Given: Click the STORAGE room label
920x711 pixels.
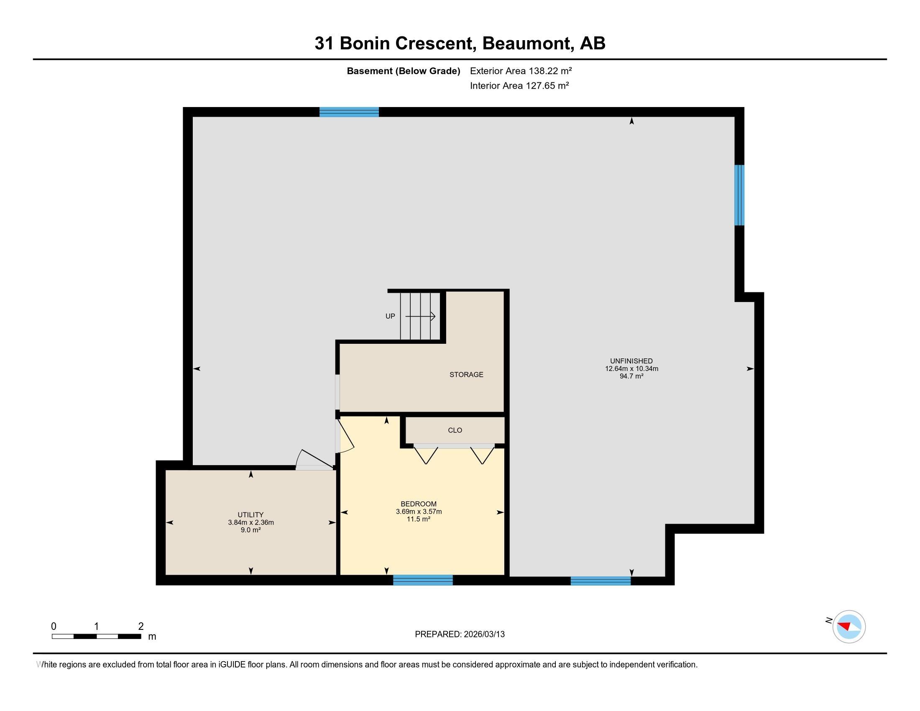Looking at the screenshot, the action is click(466, 374).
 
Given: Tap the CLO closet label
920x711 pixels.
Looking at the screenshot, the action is click(455, 430).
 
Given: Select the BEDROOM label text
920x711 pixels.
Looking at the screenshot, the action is click(418, 504).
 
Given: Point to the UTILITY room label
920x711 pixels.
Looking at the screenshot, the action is click(250, 515).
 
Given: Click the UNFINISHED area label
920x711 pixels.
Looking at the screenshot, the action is click(631, 361).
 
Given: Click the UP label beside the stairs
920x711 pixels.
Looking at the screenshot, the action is click(390, 316).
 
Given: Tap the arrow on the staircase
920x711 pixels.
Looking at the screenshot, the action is click(420, 316).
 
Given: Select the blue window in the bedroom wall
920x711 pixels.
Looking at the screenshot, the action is click(423, 580).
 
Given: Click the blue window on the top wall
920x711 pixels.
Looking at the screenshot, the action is click(349, 112).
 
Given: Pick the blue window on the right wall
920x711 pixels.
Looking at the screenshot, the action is click(739, 195).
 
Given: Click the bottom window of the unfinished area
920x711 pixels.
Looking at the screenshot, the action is click(601, 581).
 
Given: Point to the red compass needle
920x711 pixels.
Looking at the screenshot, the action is click(845, 625).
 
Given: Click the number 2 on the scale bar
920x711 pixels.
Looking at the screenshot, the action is click(141, 626).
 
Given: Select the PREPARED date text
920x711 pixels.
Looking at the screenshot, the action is click(460, 634).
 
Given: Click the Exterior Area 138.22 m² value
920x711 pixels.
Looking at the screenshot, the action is click(521, 71).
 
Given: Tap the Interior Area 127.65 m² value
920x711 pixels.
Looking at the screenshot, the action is click(519, 85).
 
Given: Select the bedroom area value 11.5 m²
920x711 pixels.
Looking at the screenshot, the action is click(418, 519).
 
